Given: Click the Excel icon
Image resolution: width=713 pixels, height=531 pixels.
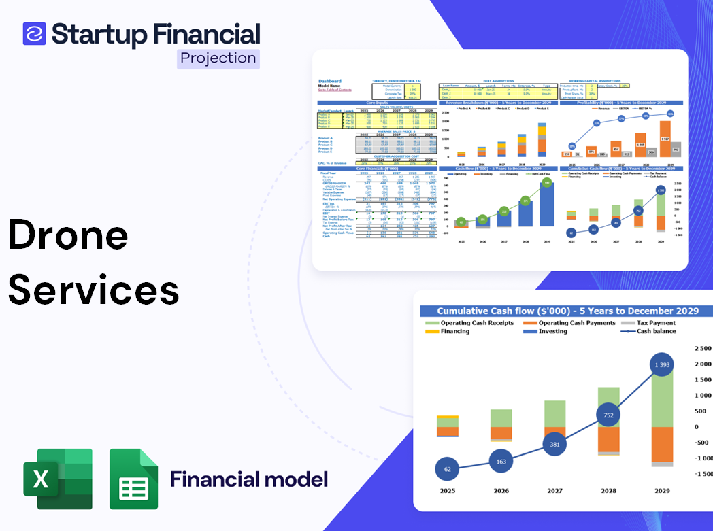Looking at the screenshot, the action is point(58,479).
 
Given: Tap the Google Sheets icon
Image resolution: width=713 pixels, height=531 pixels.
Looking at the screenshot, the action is point(133,479).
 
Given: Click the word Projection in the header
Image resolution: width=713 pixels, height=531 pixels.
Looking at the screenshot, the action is point(218,58).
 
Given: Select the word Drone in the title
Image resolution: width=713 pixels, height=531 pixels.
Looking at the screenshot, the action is point(68,236).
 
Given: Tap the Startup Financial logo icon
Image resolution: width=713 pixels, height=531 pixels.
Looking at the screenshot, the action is point(34,33).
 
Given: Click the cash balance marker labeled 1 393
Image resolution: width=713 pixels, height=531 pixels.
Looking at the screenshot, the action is point(662,365).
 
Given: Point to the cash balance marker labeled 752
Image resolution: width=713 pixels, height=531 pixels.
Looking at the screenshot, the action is point(608,415).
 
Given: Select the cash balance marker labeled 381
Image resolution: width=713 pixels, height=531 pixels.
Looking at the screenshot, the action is point(554,445).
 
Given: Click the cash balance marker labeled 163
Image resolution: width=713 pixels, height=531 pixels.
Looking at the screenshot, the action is point(501,461).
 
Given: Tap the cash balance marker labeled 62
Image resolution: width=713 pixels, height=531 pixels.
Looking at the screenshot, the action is point(448,469).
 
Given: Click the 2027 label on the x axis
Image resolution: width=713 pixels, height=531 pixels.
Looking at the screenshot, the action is point(554,490).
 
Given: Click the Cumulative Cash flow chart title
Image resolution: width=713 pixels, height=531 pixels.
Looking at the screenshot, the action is point(567,311).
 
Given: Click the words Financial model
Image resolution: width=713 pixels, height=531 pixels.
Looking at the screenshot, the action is point(249,479).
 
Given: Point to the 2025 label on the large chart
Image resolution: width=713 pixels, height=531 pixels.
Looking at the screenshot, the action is point(448,490).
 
